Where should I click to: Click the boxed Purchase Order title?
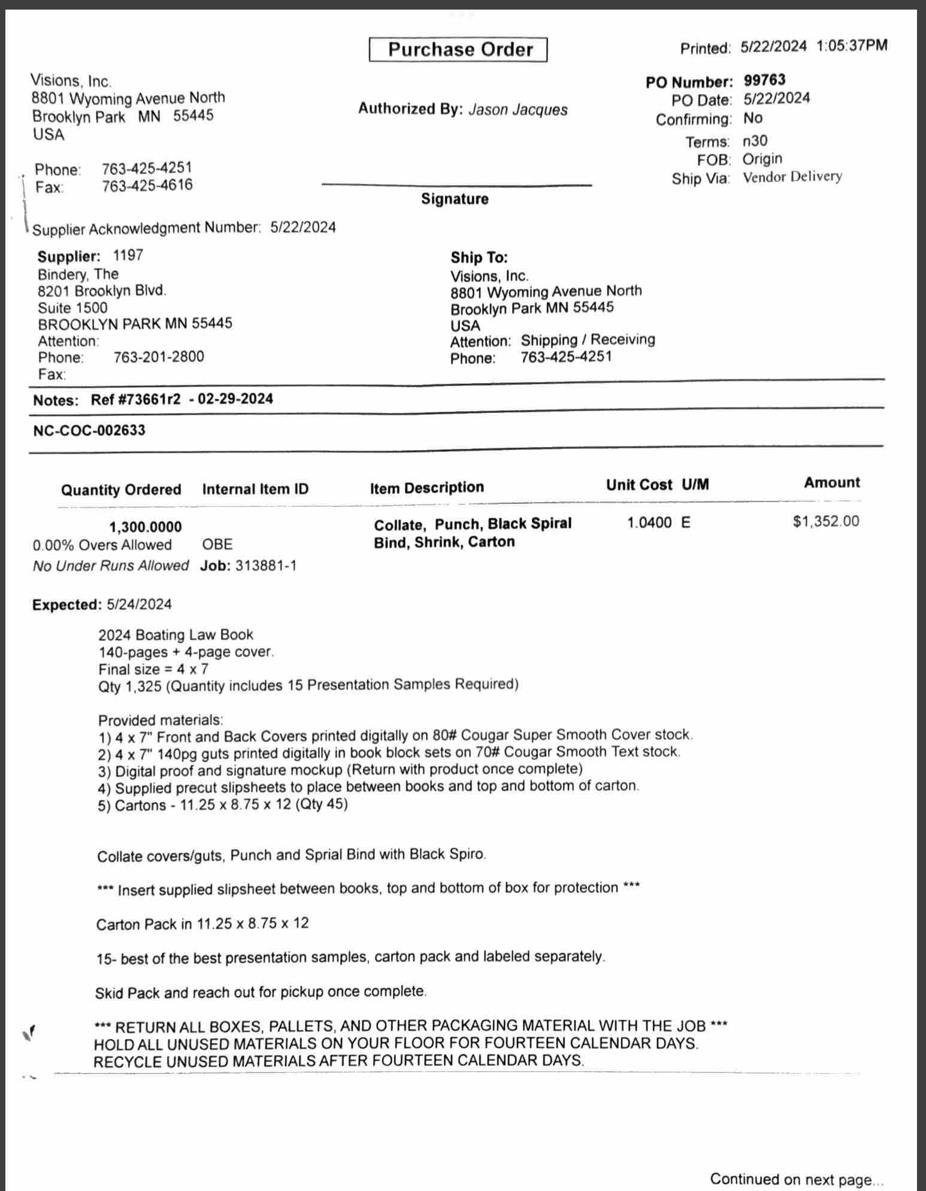(458, 50)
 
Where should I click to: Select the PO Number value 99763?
(764, 80)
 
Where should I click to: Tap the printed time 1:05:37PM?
(851, 45)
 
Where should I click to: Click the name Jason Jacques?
(518, 110)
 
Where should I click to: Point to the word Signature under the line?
(455, 199)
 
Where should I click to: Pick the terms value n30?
(755, 141)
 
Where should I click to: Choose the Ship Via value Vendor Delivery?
(792, 177)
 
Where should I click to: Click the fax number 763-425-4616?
(147, 186)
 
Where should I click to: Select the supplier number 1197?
(128, 256)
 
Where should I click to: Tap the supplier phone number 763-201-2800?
(159, 357)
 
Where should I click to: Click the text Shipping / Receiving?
(588, 340)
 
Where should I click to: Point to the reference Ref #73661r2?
(135, 399)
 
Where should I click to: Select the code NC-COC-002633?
(89, 430)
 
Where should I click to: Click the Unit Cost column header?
(638, 485)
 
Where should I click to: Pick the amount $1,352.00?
(825, 521)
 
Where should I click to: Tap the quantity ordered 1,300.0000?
(146, 527)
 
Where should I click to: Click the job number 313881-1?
(265, 566)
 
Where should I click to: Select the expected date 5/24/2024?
(139, 604)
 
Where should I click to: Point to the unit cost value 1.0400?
(649, 522)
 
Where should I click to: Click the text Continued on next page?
(796, 1179)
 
